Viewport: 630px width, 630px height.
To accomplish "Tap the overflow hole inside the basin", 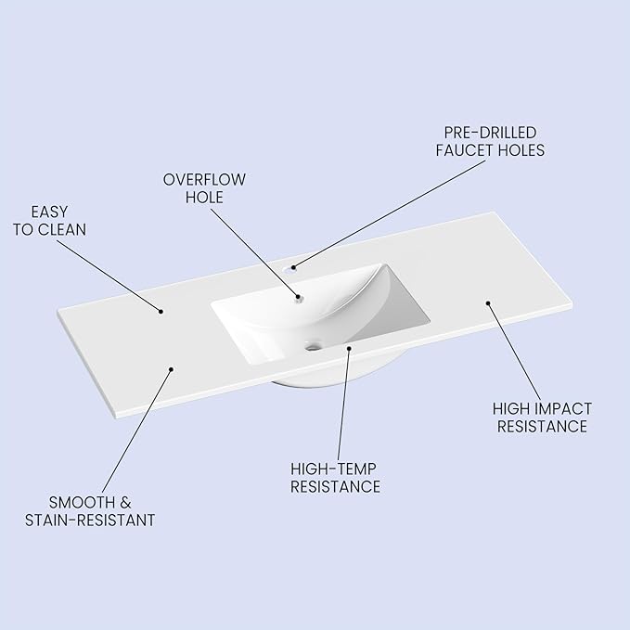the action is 299,298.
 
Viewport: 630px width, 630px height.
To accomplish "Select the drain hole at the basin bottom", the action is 313,345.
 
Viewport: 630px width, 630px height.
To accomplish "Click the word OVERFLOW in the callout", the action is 204,180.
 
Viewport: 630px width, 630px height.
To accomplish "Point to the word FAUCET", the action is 465,150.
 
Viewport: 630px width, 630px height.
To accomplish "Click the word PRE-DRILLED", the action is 490,133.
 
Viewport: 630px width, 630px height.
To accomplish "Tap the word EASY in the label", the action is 49,212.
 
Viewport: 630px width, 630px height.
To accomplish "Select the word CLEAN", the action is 62,230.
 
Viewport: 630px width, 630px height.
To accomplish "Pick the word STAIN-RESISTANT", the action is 90,521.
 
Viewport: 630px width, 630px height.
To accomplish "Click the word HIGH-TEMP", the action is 333,469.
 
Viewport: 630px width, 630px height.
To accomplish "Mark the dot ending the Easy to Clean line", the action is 161,312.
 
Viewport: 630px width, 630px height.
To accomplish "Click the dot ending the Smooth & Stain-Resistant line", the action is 171,369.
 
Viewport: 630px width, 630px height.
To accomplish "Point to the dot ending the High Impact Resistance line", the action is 488,303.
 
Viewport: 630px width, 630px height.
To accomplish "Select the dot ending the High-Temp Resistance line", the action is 349,348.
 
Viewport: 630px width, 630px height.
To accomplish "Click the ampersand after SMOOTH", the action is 125,503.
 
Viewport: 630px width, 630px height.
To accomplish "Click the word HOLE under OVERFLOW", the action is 204,198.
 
